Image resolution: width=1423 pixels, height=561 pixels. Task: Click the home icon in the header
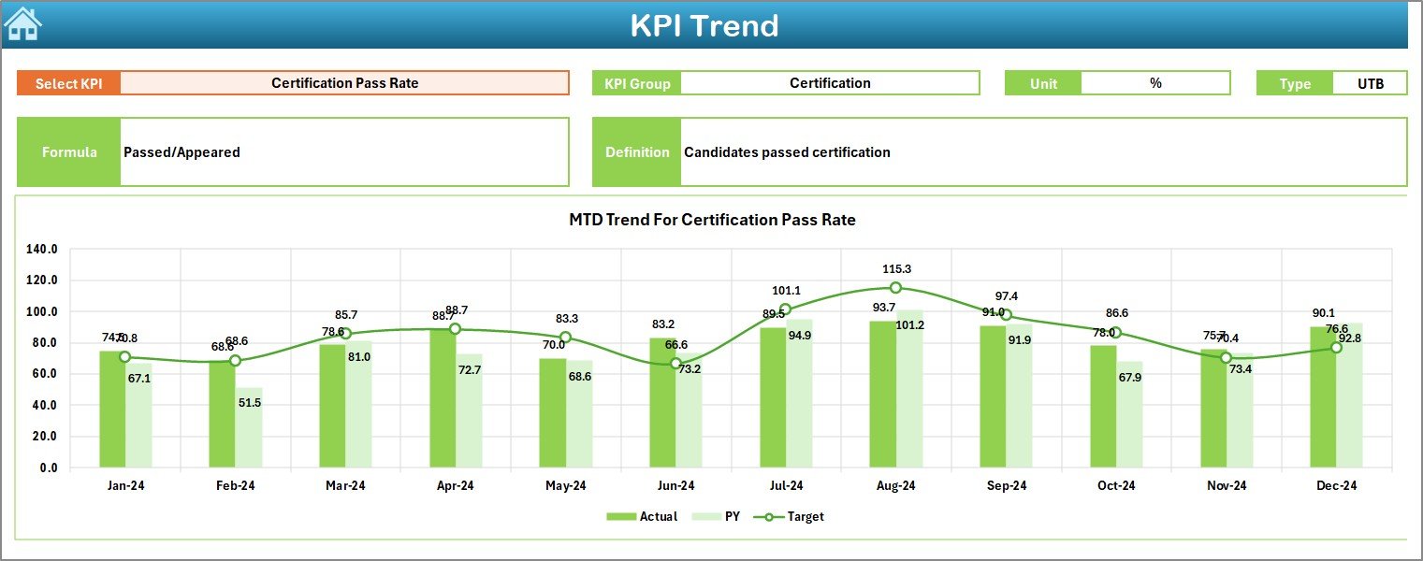(22, 24)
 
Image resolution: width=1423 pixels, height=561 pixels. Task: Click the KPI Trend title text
(704, 25)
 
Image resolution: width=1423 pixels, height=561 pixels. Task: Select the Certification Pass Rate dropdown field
(344, 83)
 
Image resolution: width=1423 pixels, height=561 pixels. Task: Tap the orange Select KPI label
(68, 83)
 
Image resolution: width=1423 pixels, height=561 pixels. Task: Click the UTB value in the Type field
(1370, 83)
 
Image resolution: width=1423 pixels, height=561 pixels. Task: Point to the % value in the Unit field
(1155, 83)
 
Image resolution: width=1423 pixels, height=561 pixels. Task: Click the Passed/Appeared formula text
(182, 152)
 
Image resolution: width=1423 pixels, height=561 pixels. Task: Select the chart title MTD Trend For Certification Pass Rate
(712, 220)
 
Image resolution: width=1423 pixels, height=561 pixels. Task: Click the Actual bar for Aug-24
(882, 394)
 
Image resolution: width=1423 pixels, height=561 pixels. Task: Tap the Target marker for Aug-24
(895, 288)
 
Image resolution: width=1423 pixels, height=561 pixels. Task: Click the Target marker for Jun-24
(675, 364)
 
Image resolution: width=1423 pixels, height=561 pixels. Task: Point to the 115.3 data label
(895, 268)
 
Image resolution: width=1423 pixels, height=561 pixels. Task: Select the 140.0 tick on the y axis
(43, 250)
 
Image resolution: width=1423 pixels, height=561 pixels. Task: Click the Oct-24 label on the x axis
(1116, 485)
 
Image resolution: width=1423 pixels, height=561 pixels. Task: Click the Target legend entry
(794, 516)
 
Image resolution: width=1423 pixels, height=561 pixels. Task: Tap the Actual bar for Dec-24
(1323, 396)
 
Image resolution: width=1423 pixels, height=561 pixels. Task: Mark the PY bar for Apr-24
(469, 410)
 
